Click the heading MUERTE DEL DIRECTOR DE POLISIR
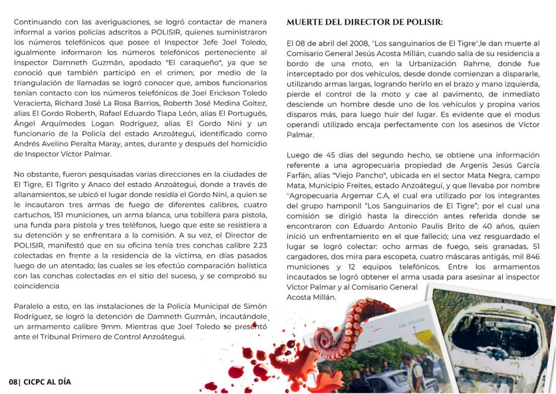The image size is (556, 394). coord(365,22)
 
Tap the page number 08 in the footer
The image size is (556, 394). coord(13,382)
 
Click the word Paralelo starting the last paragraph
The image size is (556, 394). coord(29,307)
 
